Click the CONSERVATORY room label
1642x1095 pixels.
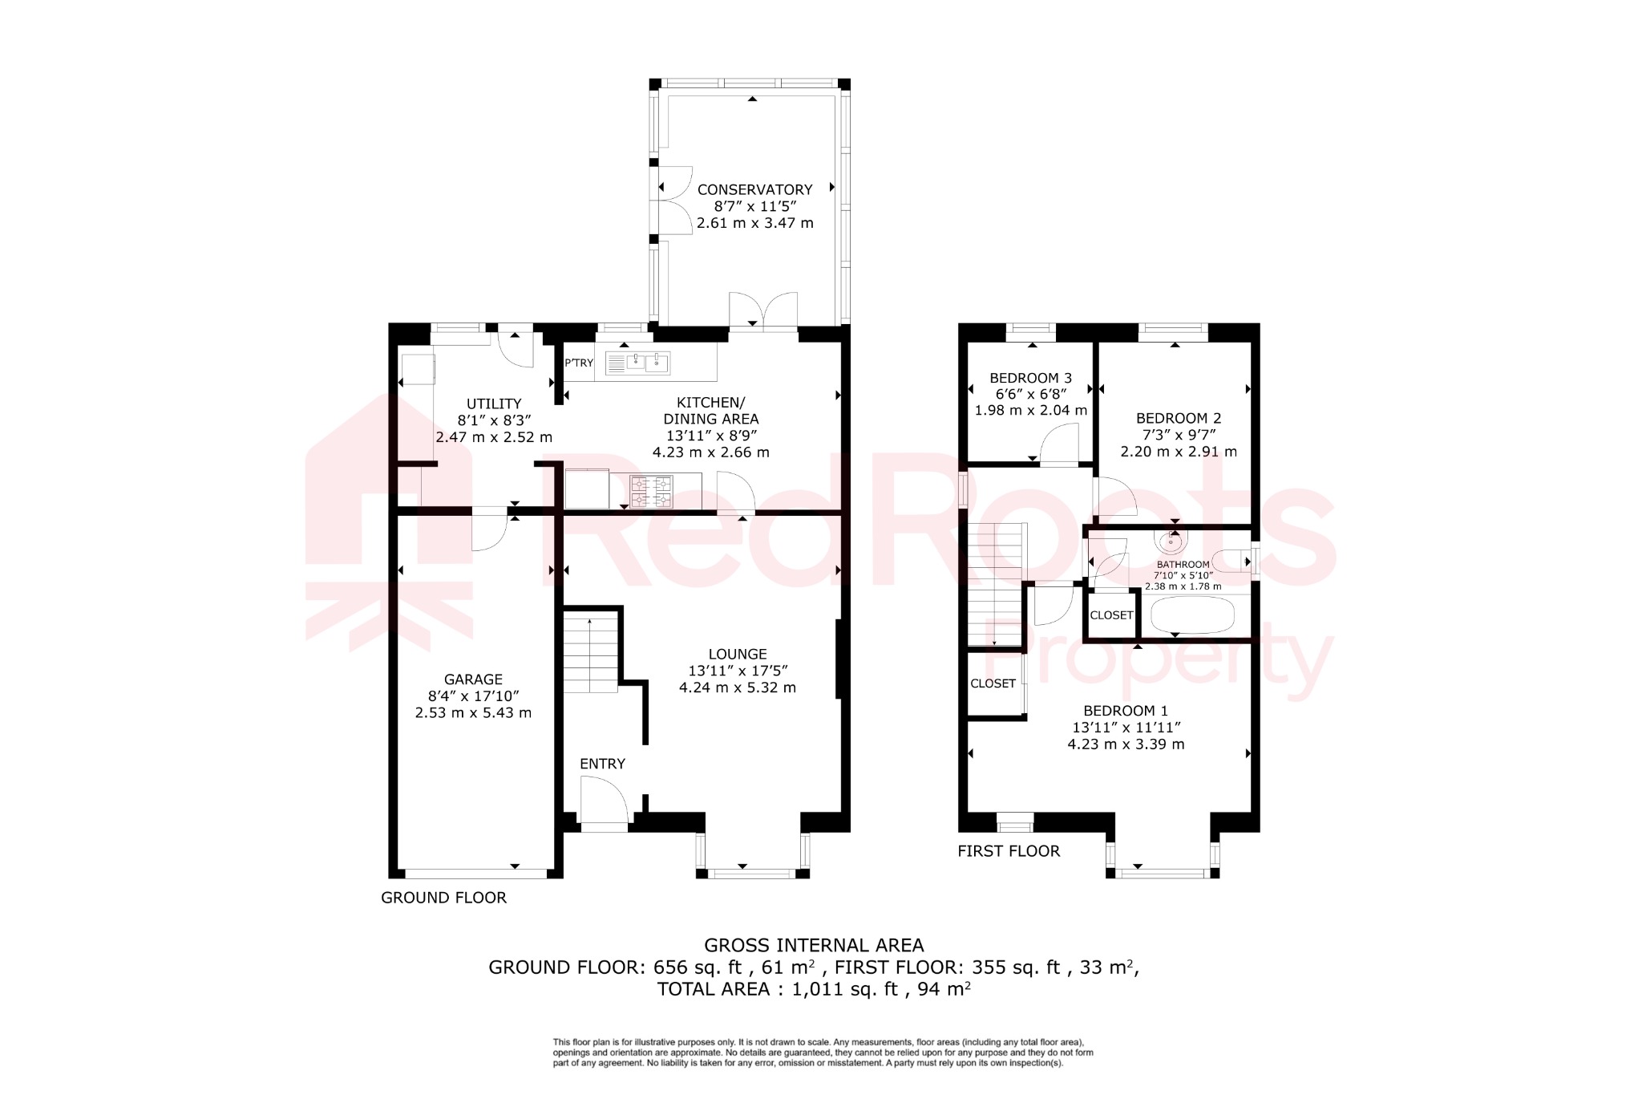(754, 190)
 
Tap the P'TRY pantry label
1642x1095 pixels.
(579, 363)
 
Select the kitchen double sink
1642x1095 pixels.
(646, 363)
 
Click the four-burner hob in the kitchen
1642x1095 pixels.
(651, 492)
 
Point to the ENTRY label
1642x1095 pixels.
(602, 764)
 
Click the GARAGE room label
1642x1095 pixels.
(473, 679)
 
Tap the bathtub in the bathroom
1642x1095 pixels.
(1193, 615)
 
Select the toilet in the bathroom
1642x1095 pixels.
(1230, 561)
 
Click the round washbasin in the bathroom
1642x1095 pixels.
(1171, 541)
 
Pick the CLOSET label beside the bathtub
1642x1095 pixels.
(1111, 615)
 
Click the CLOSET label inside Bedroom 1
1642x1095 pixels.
(993, 683)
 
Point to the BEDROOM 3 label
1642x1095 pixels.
(1030, 378)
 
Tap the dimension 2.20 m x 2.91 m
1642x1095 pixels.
(1178, 452)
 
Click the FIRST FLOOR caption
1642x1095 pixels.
(1009, 851)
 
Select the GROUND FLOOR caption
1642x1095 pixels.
(443, 898)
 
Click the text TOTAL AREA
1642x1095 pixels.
(713, 989)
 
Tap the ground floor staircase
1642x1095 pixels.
(590, 651)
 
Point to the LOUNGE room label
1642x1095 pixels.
(738, 655)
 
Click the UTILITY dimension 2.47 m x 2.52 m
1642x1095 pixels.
(494, 437)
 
